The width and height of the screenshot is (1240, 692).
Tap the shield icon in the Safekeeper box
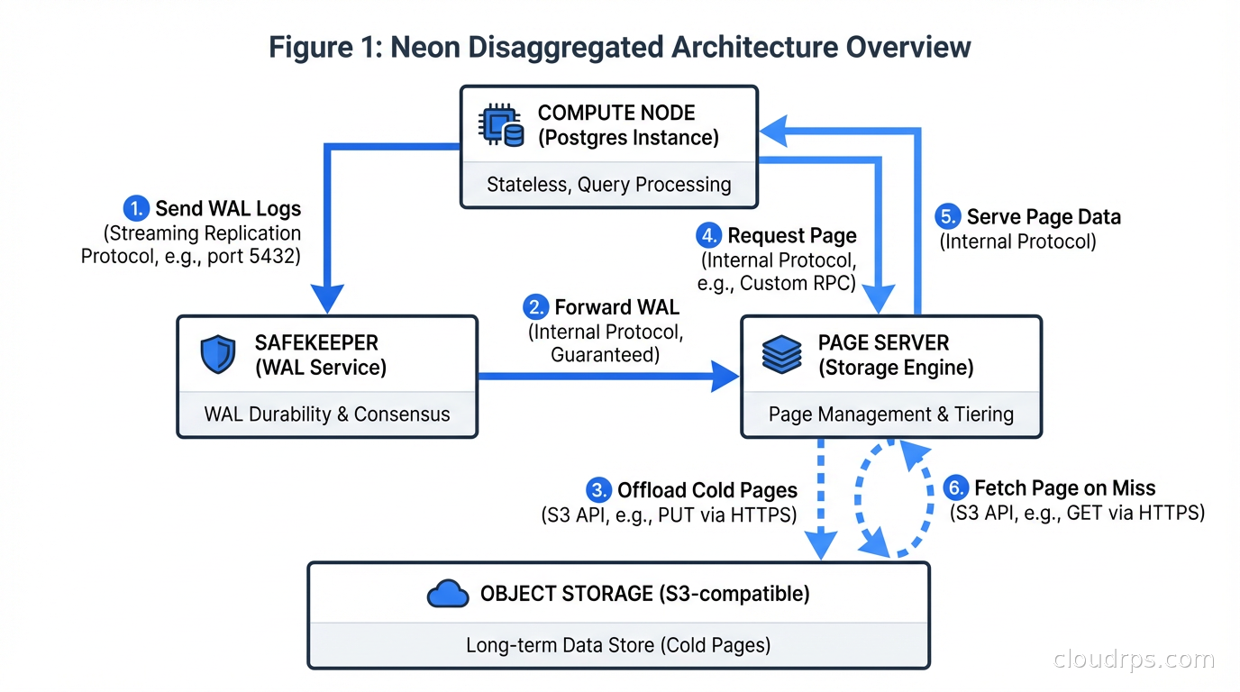point(217,354)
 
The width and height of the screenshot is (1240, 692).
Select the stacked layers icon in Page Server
point(781,354)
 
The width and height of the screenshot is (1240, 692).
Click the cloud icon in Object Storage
point(447,594)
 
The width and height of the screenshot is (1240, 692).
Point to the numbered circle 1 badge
point(135,209)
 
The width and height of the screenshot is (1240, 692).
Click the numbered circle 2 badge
point(537,307)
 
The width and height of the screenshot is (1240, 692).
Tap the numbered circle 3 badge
point(598,490)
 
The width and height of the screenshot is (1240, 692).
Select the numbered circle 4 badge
point(709,235)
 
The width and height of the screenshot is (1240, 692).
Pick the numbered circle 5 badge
point(948,217)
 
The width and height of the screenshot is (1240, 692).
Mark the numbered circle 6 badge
point(955,488)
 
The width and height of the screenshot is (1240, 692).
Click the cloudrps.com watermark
point(1134,660)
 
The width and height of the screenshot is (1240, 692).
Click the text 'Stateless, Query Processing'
point(608,185)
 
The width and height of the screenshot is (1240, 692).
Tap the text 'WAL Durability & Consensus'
point(326,414)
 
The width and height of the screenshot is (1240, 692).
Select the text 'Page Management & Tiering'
point(890,414)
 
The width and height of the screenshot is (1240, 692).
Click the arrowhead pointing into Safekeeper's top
point(327,298)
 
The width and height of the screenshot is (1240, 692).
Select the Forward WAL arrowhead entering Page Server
point(725,376)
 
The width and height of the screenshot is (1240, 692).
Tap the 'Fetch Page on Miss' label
point(1064,488)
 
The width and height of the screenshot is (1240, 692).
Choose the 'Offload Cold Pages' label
point(707,490)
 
